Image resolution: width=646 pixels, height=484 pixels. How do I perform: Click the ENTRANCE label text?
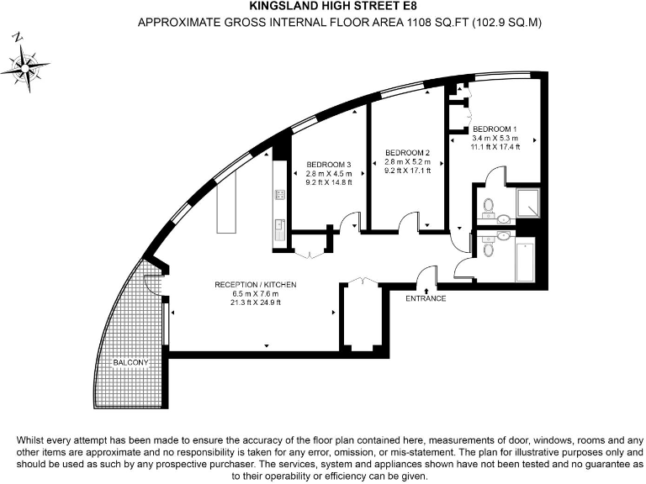pyautogui.click(x=425, y=298)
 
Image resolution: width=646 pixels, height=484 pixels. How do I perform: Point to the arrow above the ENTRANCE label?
pyautogui.click(x=426, y=289)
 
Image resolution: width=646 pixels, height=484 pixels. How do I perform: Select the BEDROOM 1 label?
pyautogui.click(x=495, y=127)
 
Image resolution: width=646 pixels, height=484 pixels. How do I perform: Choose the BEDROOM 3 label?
pyautogui.click(x=328, y=164)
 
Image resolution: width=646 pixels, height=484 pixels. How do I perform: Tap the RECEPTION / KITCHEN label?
pyautogui.click(x=255, y=285)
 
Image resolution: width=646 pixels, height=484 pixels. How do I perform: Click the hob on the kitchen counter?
pyautogui.click(x=278, y=195)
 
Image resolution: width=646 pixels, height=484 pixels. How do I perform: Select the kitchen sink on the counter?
pyautogui.click(x=278, y=225)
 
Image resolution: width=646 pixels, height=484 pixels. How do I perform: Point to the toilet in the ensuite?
pyautogui.click(x=489, y=205)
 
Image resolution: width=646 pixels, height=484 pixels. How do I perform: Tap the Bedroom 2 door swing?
pyautogui.click(x=408, y=221)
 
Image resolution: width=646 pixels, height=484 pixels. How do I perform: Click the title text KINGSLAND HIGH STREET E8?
pyautogui.click(x=322, y=8)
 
